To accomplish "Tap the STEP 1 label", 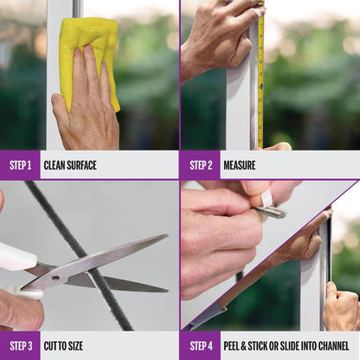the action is click(x=20, y=165).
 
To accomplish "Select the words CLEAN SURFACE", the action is click(x=70, y=165).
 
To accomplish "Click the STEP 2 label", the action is click(x=201, y=165).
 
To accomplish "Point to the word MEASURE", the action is click(x=240, y=165).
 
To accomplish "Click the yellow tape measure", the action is click(x=260, y=75).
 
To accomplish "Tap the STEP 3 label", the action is click(x=21, y=346).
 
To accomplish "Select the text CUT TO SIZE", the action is click(x=63, y=346).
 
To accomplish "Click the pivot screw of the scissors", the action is click(x=55, y=279).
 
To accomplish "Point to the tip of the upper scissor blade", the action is click(x=168, y=235).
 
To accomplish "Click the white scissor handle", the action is click(x=17, y=257).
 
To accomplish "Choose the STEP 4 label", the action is click(x=201, y=346).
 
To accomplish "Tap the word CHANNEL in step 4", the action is click(x=334, y=346).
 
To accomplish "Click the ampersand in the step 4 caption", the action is click(x=244, y=346).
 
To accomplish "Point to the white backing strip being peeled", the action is click(x=266, y=200).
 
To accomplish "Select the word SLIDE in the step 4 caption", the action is click(x=289, y=346).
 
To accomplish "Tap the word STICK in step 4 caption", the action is click(x=258, y=346).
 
